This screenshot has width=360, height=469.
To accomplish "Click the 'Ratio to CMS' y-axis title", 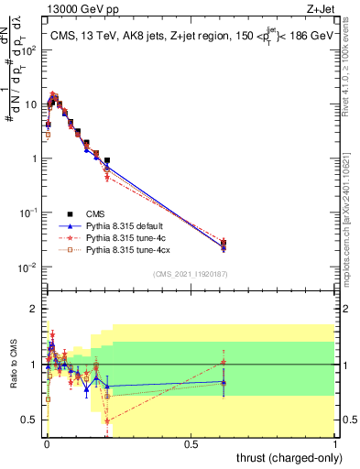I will [13, 363].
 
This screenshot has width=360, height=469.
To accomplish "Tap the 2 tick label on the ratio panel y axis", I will [35, 309].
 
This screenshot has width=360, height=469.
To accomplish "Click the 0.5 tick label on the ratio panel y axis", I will [31, 420].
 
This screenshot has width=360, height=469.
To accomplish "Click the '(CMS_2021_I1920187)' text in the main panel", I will [190, 274].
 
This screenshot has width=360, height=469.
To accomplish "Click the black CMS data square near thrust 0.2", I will [107, 160].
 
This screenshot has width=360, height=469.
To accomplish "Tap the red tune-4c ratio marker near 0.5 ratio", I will [107, 420].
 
